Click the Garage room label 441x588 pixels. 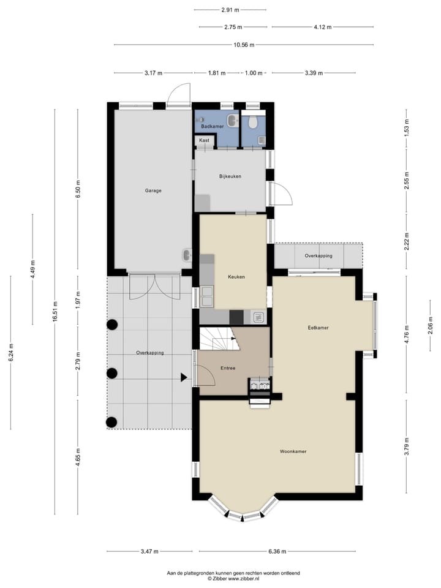(153, 190)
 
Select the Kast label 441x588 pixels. (204, 140)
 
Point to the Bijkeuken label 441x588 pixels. (230, 176)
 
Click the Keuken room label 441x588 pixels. (236, 277)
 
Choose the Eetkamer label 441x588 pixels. (318, 328)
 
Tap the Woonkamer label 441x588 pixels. (293, 451)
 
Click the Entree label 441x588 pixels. (228, 368)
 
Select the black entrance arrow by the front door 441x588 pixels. (184, 378)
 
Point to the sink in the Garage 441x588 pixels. (186, 255)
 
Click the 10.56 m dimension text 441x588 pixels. (243, 45)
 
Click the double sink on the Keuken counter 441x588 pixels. (206, 296)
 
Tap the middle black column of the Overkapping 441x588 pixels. (111, 373)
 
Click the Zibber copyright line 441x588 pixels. (233, 578)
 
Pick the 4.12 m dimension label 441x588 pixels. (322, 27)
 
